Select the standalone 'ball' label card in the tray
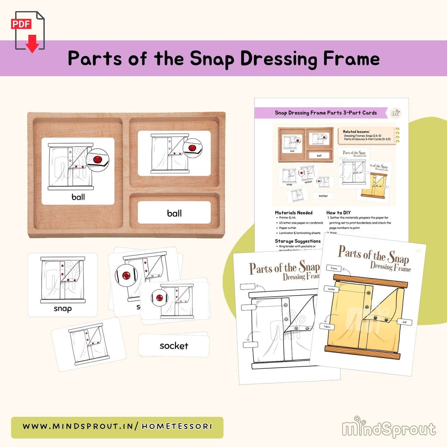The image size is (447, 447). coord(174,213)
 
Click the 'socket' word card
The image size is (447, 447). coord(174,346)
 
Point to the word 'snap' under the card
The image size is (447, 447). coord(62,308)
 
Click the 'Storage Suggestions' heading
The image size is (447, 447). coord(298,241)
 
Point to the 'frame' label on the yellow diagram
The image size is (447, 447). coord(334,268)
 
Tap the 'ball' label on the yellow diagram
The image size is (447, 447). coord(404,321)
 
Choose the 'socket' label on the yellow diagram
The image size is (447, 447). coord(331,289)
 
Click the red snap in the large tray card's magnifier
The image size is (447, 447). coord(98,160)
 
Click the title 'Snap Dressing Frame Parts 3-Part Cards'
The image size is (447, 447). coord(326,113)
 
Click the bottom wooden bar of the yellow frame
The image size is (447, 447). coord(362,353)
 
